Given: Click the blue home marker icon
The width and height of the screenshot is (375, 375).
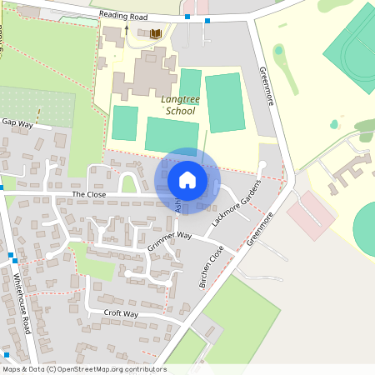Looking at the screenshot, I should [187, 180].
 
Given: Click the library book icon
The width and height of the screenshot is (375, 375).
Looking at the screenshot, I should [155, 33].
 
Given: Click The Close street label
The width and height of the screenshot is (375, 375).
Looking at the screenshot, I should [89, 194].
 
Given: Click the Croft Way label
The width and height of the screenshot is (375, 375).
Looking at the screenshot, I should [121, 314].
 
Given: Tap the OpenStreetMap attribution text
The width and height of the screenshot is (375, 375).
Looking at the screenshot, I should [83, 369].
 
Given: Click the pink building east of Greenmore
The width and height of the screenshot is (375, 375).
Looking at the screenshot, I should [310, 213].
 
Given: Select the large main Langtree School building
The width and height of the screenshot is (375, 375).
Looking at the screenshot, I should [146, 73].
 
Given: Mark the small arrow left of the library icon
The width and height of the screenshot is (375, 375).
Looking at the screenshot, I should [127, 30].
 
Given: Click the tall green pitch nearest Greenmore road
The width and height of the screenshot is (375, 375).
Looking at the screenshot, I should [224, 102].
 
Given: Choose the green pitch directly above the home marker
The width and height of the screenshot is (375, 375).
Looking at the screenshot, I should [172, 136].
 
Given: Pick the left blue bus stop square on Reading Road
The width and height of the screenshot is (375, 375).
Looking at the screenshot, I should [188, 17].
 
